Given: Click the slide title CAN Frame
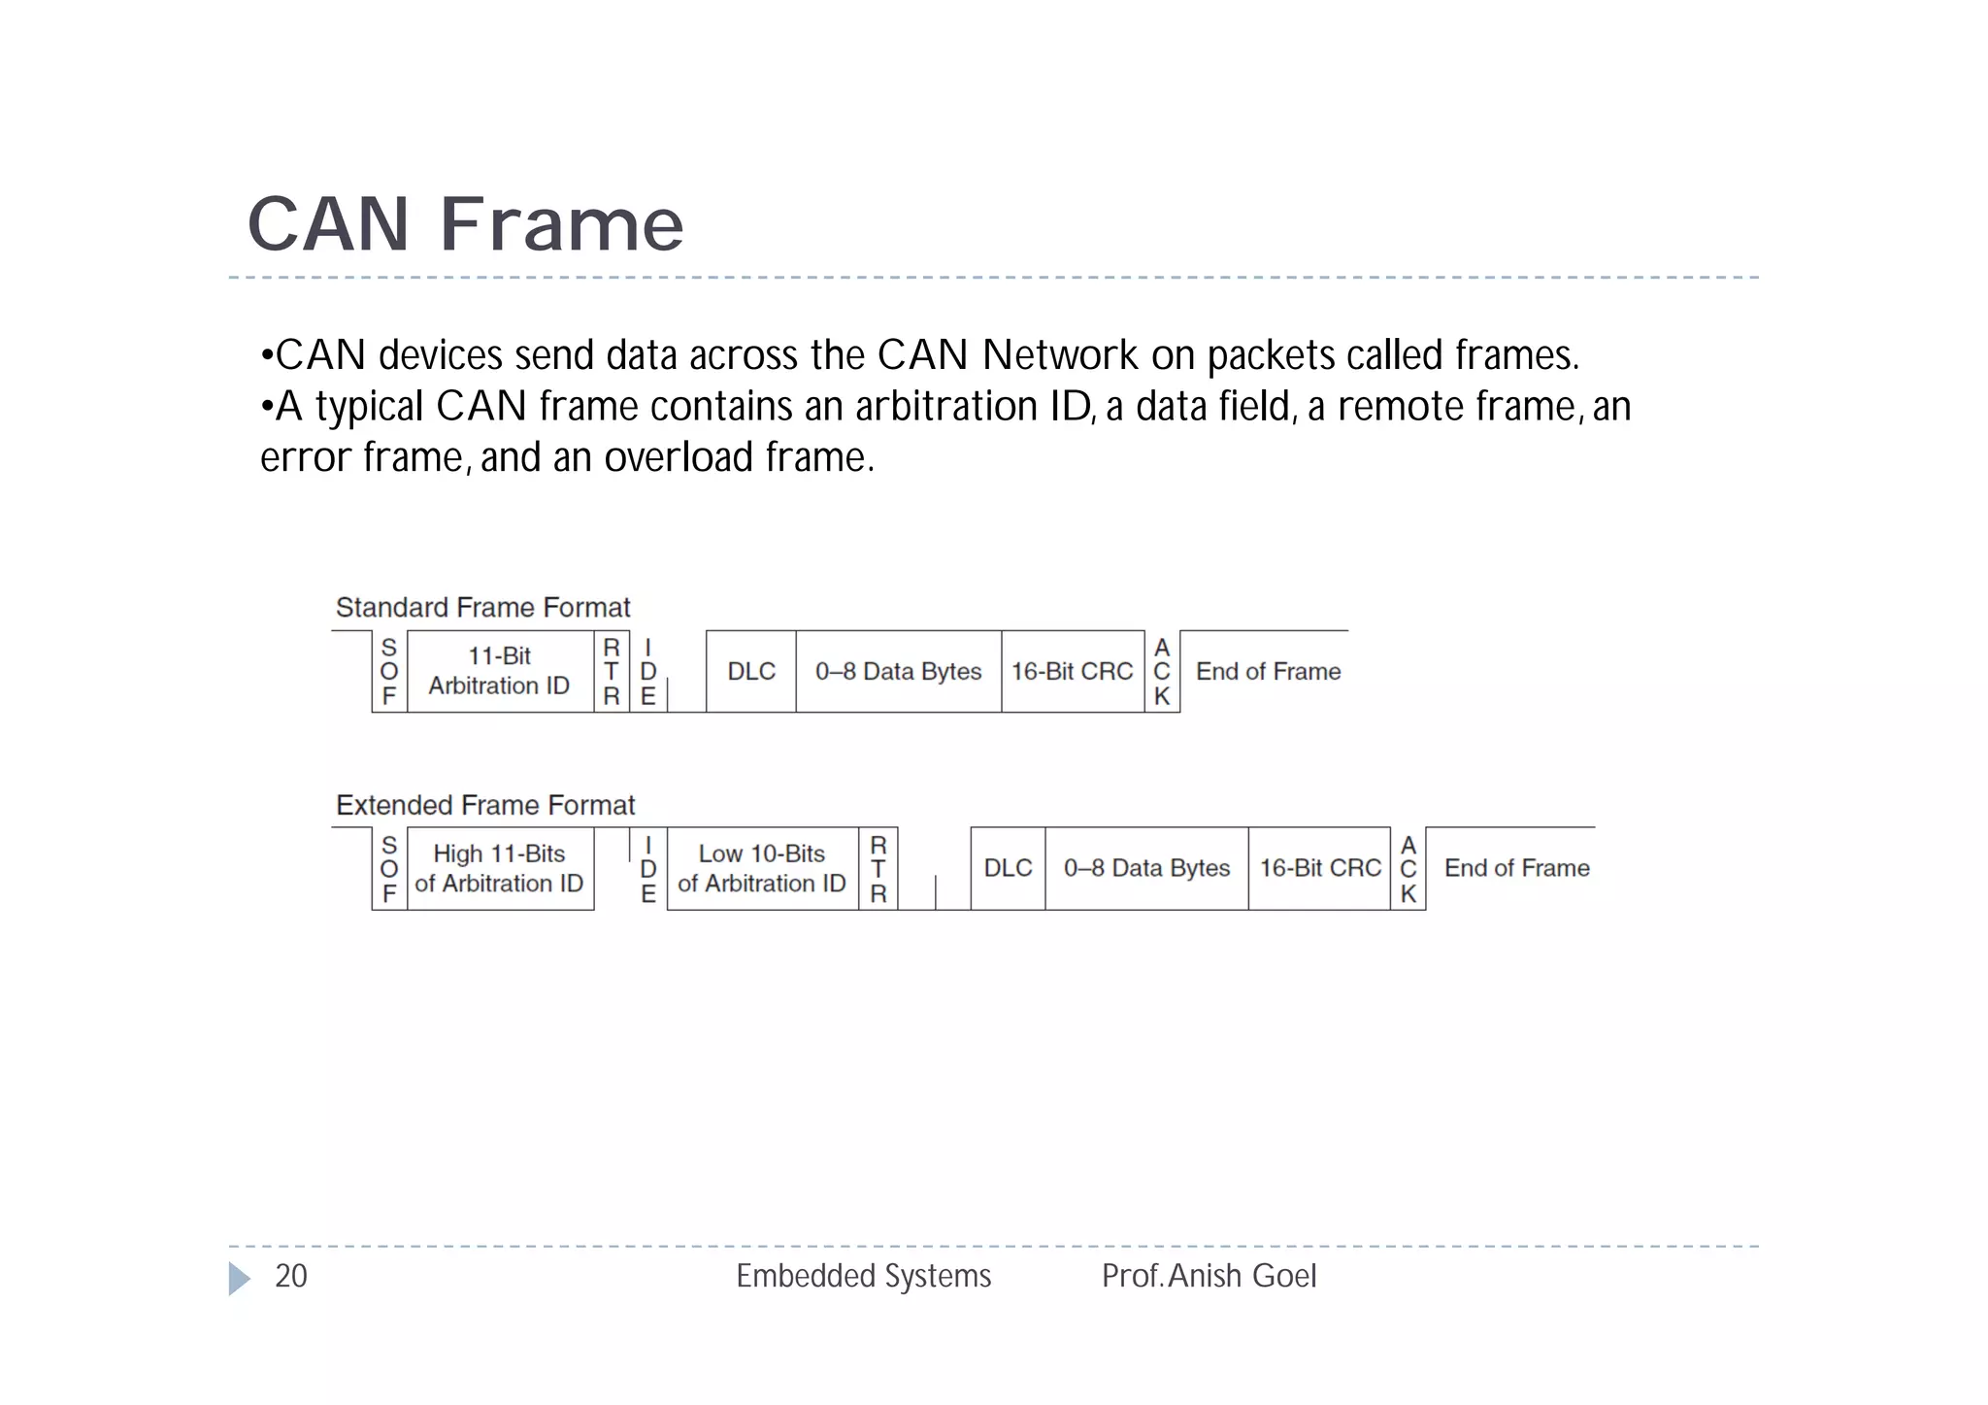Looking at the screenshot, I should (465, 224).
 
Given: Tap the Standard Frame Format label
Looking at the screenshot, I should (482, 608).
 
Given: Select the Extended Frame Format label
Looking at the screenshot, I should (485, 805).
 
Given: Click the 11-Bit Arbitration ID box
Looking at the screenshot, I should (499, 671).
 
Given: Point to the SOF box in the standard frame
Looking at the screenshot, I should (389, 671).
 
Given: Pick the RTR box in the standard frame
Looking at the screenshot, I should (612, 671).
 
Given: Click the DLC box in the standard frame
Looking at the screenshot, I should (751, 671).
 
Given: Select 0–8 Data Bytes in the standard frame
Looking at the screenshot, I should (898, 671).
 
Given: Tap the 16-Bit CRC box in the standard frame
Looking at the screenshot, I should (1072, 671).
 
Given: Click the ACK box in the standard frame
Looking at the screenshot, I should (1162, 671).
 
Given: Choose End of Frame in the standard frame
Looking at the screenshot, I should (1268, 671).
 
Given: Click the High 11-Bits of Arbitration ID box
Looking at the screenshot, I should (499, 868).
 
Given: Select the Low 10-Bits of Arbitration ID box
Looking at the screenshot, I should (762, 868).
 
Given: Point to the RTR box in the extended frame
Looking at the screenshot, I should (878, 868).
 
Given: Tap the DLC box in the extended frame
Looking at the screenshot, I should (1008, 868).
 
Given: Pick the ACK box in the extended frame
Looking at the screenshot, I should (1408, 868).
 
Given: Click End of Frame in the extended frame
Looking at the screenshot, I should (1516, 868).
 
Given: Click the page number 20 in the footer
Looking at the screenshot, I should (291, 1276).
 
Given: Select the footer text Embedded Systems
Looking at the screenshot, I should (863, 1276).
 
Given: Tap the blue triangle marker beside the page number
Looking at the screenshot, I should (239, 1278).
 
